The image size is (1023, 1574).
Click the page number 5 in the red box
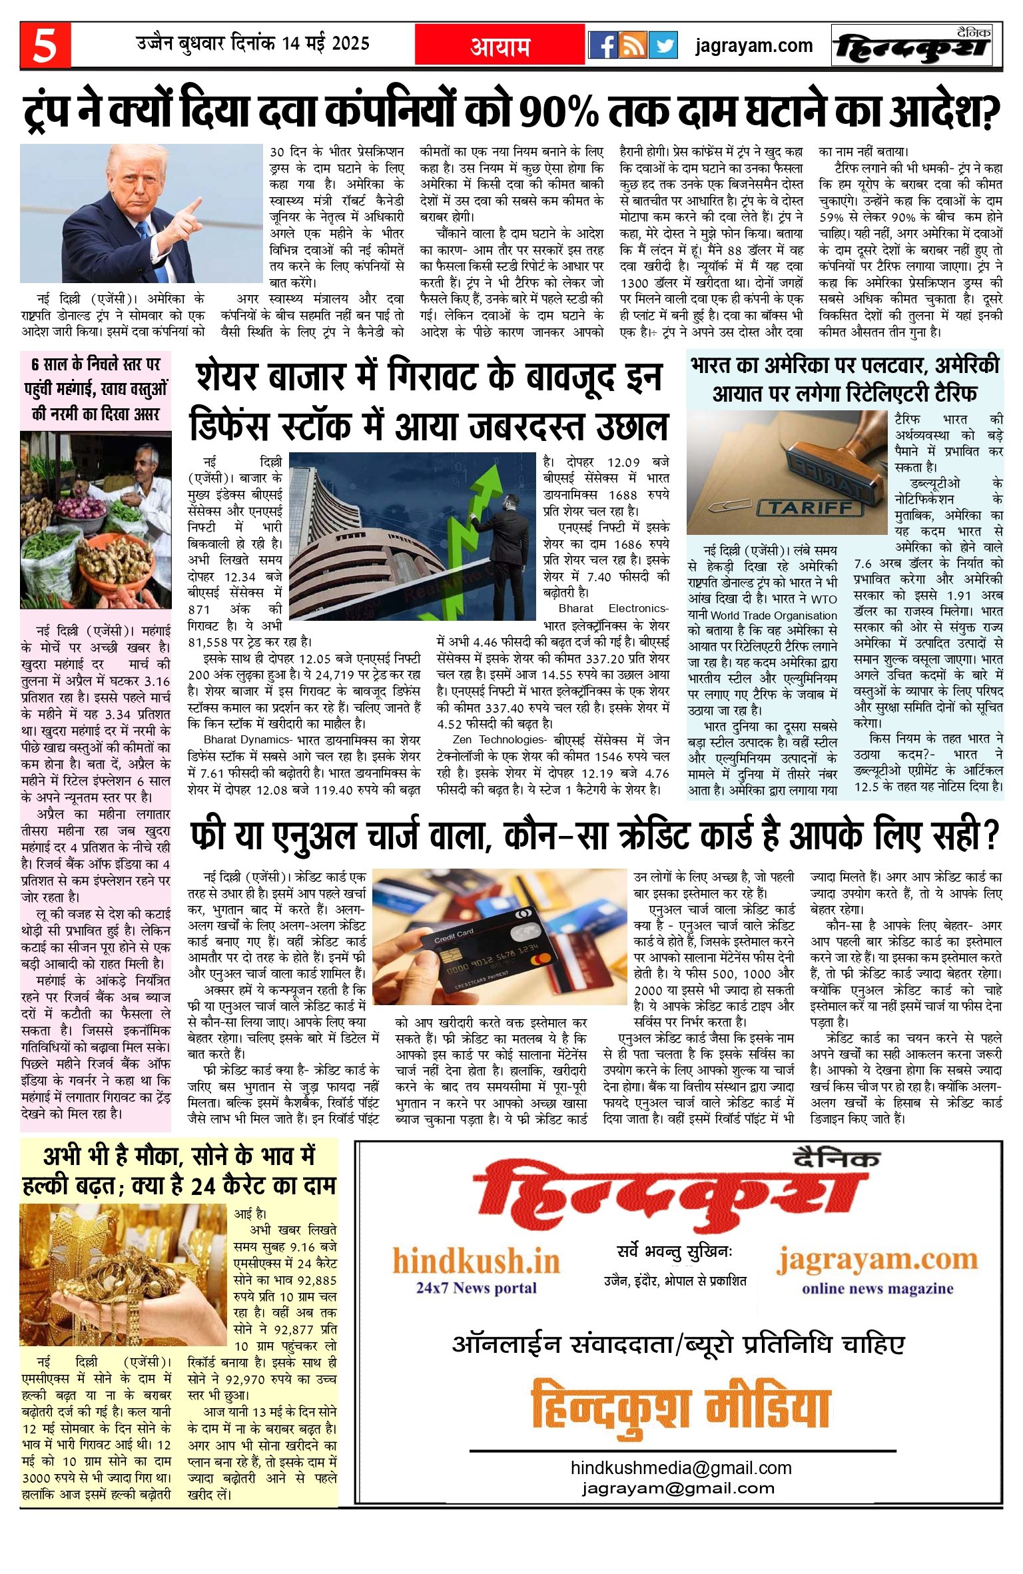click(x=45, y=45)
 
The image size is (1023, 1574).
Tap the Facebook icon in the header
click(x=603, y=45)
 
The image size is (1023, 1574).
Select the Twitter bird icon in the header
click(x=663, y=45)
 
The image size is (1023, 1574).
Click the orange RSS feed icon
click(x=633, y=45)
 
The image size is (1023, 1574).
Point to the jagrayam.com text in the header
click(x=754, y=46)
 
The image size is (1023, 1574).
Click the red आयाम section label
click(x=500, y=46)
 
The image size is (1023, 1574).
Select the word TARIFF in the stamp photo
click(x=811, y=508)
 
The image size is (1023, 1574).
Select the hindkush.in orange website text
click(x=476, y=1261)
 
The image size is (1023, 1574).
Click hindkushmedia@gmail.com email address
click(x=681, y=1467)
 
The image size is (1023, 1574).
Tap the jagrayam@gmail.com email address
click(x=678, y=1487)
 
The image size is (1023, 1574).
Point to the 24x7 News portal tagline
click(x=476, y=1288)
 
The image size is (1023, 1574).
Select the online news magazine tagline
click(x=877, y=1288)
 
